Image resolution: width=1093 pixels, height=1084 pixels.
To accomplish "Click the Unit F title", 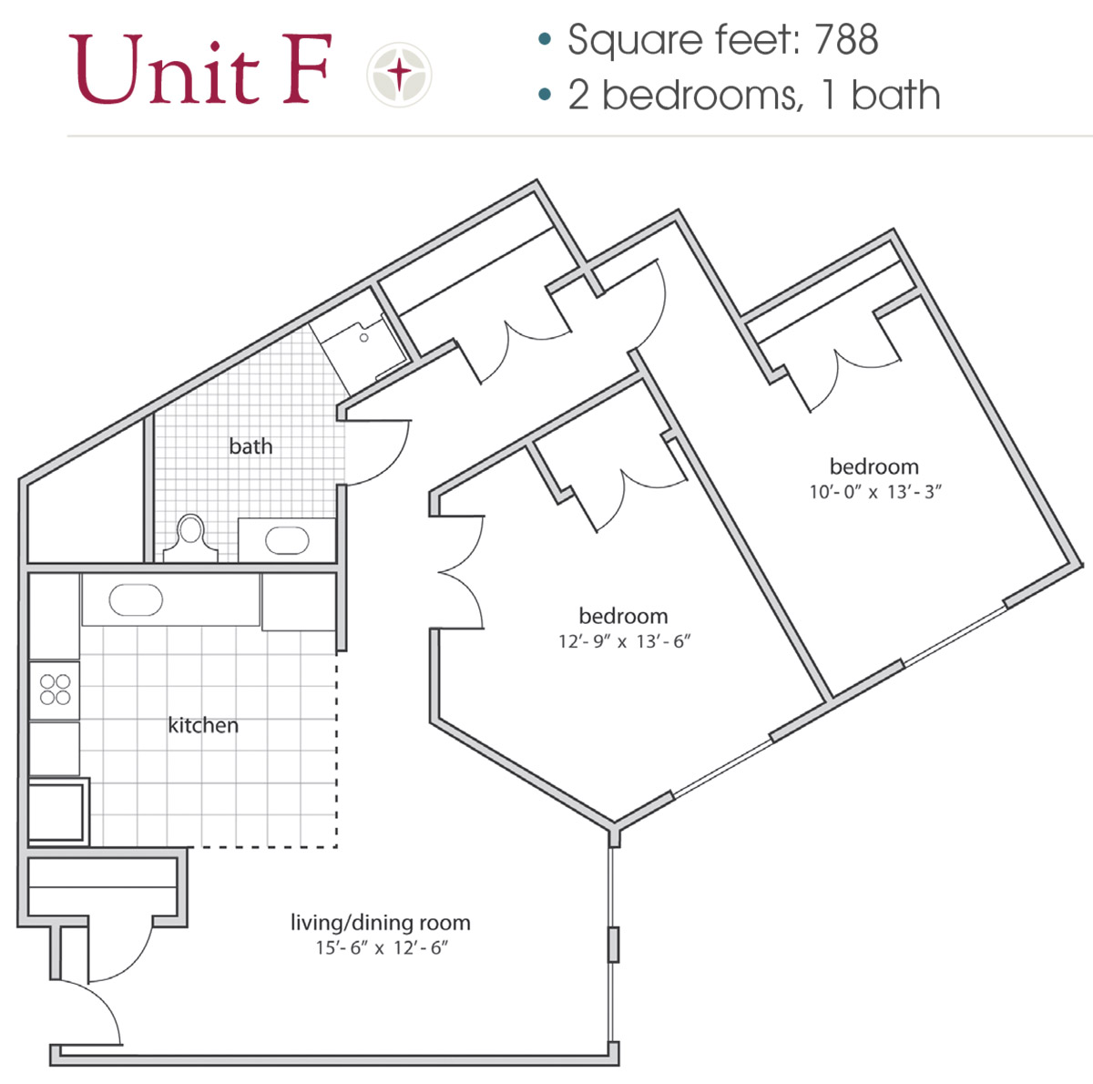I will point(199,70).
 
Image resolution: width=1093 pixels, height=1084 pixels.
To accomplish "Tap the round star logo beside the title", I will point(399,74).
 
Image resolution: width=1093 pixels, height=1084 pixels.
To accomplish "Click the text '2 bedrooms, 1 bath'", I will point(753,96).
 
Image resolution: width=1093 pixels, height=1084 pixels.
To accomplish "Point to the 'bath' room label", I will point(250,446).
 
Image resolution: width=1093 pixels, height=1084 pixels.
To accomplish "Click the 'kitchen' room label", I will point(203,726).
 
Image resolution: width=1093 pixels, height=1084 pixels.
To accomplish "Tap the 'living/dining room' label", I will point(380,923).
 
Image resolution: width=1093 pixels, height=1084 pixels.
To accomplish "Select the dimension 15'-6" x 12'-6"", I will point(382,948).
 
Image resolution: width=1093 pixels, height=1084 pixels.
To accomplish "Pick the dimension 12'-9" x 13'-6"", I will point(624,641).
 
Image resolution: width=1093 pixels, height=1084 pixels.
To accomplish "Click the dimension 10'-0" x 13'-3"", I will point(874,492).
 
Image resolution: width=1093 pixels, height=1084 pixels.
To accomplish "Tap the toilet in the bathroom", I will point(191,536).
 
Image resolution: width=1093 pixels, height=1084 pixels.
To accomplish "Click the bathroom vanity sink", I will point(287,540).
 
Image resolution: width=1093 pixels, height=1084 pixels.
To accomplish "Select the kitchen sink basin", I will point(136,600).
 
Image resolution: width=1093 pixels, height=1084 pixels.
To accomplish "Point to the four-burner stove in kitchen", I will point(55,690).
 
